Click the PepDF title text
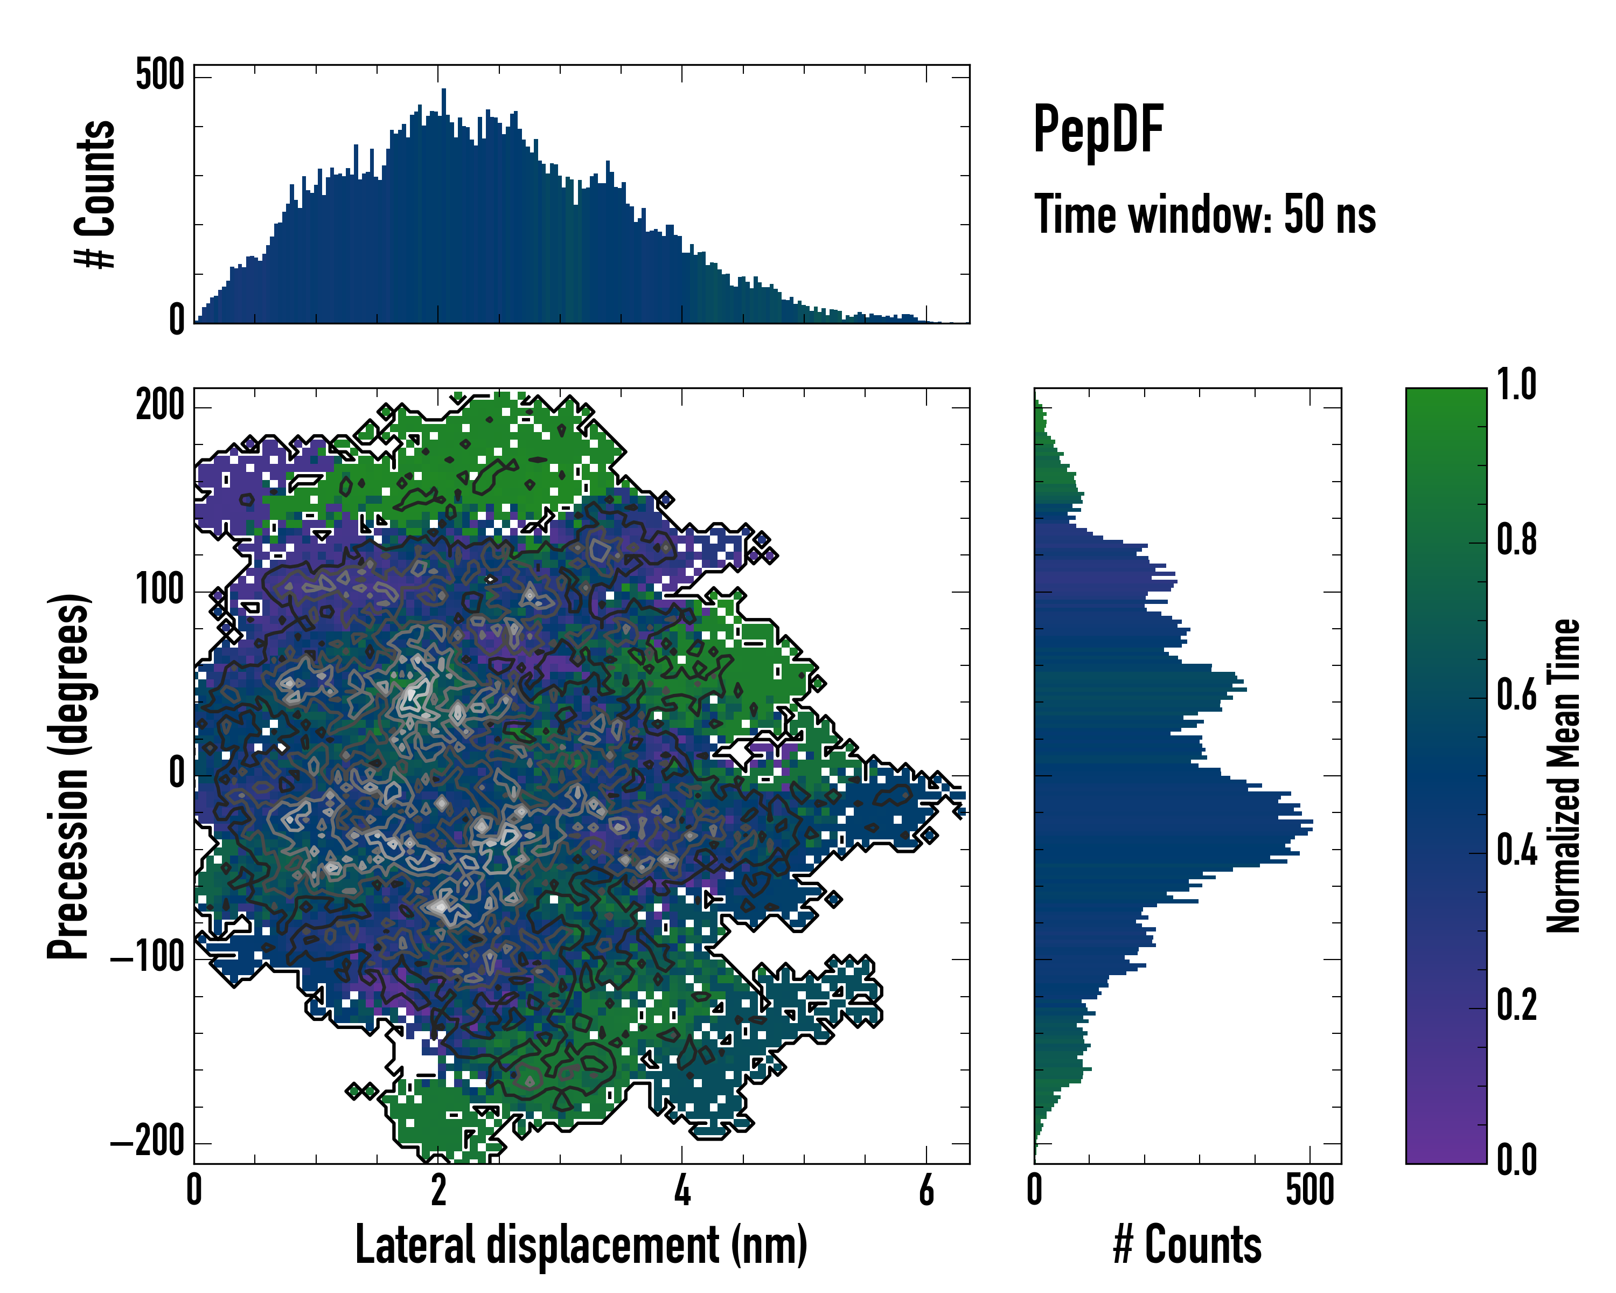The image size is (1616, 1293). click(x=1098, y=130)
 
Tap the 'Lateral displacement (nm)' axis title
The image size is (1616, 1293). click(x=581, y=1245)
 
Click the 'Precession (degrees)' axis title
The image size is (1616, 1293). click(x=69, y=776)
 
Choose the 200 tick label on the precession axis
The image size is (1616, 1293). click(x=159, y=407)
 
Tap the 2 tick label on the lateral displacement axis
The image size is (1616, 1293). click(x=438, y=1190)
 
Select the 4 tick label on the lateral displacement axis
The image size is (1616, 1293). click(x=682, y=1190)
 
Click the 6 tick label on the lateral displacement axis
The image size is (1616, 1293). click(x=927, y=1190)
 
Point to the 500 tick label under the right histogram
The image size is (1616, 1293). click(x=1310, y=1190)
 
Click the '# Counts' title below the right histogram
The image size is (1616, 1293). click(x=1187, y=1245)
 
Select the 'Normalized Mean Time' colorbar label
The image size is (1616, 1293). click(x=1564, y=776)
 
